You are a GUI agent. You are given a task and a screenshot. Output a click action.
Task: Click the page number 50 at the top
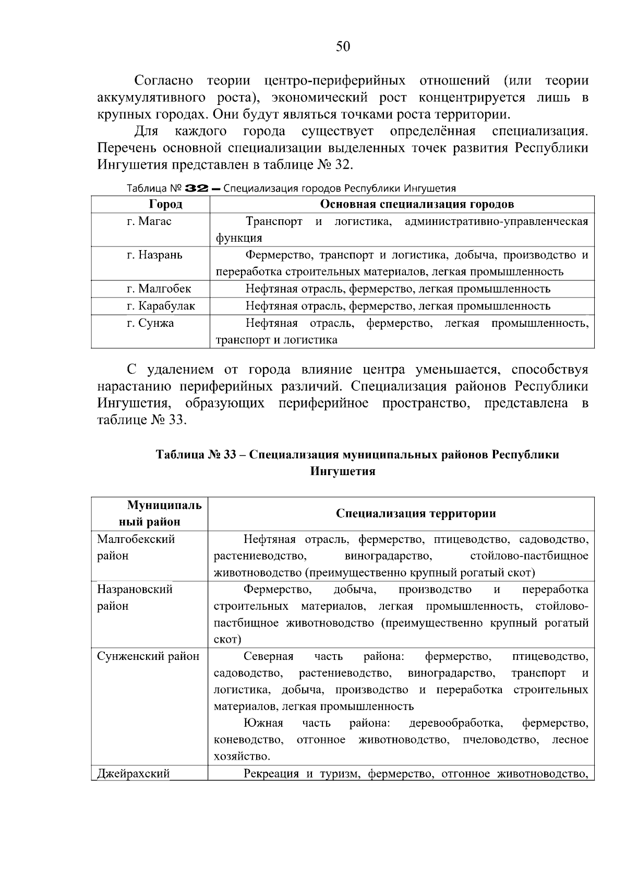tap(343, 47)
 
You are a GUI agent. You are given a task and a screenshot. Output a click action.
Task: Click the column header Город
tap(165, 204)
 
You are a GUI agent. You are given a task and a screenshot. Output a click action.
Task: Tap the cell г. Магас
tap(149, 221)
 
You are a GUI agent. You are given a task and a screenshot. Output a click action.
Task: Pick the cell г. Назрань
tap(155, 255)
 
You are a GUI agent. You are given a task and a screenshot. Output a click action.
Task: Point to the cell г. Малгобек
tap(159, 289)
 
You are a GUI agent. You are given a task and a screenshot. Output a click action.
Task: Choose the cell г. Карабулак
tap(161, 306)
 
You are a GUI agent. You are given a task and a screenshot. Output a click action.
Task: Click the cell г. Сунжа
tap(151, 323)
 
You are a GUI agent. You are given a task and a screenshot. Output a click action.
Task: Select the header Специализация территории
tap(416, 513)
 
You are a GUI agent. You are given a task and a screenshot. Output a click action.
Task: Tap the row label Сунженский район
tap(148, 656)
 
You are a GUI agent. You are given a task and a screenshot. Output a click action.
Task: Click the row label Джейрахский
tap(134, 774)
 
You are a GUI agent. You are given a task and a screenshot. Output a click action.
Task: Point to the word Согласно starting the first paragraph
tap(163, 80)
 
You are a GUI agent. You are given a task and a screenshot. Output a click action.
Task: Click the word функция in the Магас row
tap(238, 238)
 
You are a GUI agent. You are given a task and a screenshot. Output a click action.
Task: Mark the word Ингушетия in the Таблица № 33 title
tap(343, 471)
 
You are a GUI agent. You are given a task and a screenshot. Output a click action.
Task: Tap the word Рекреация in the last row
tap(271, 774)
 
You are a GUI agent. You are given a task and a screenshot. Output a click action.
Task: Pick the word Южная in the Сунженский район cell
tap(263, 723)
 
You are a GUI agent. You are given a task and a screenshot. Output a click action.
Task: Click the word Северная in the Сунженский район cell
tap(269, 656)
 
